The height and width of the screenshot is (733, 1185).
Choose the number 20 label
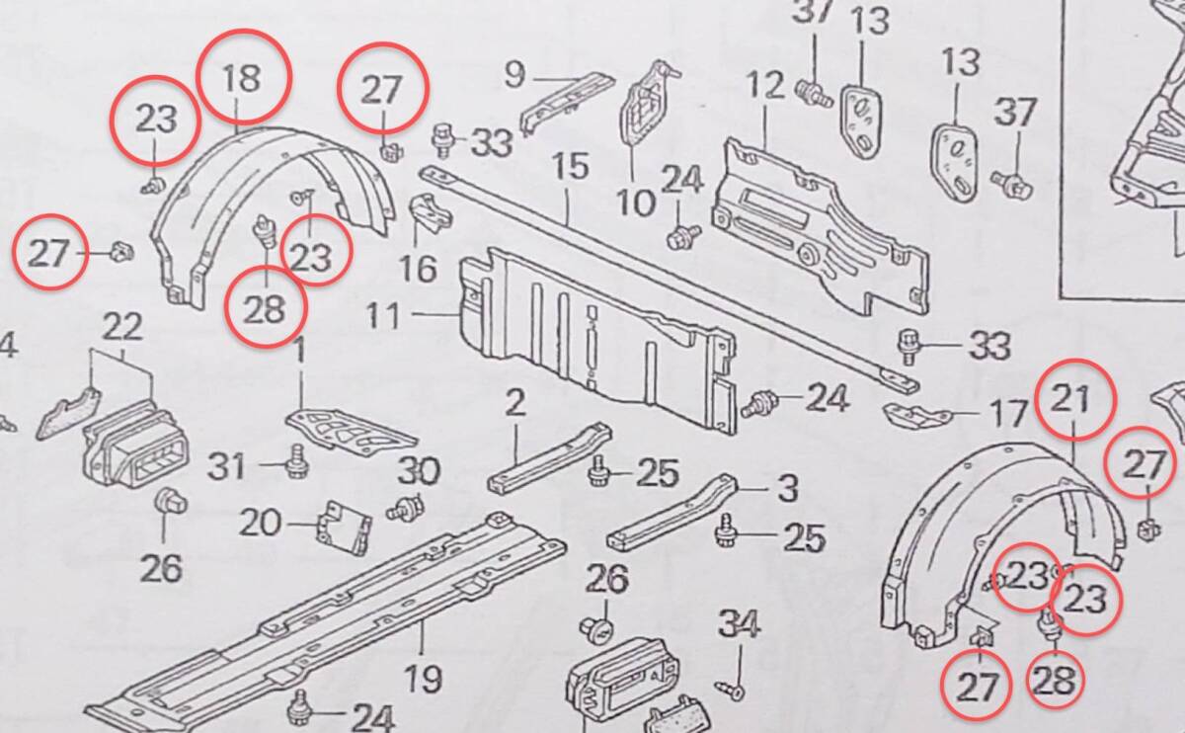[261, 522]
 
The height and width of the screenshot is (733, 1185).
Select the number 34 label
[739, 624]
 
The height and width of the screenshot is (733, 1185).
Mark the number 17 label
[1008, 413]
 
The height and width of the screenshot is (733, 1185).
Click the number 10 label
[636, 204]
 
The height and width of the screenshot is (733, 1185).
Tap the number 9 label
[513, 74]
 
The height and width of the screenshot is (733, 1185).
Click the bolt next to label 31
[295, 463]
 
